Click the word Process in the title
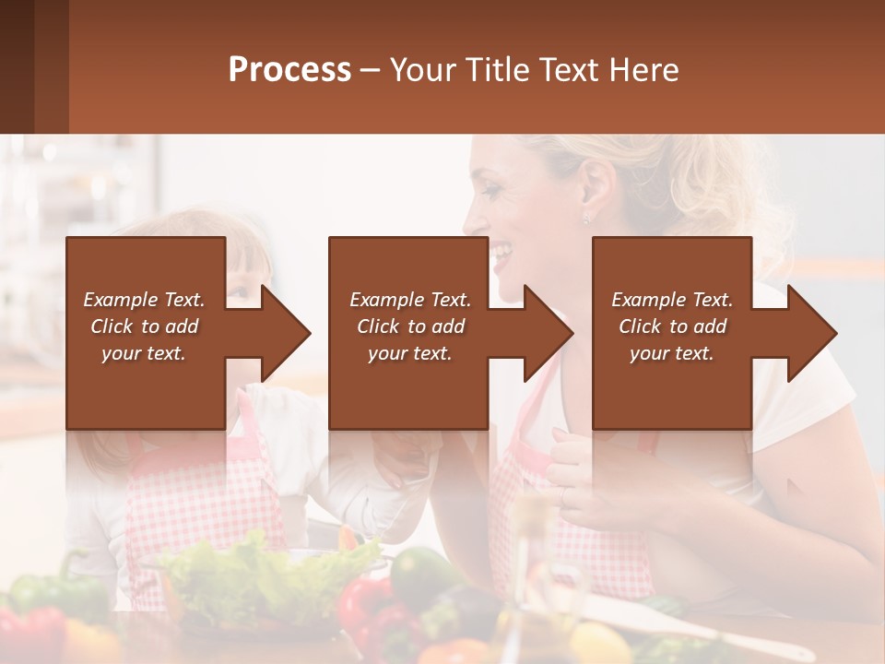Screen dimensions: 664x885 pos(289,70)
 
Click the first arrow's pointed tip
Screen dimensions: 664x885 pos(309,334)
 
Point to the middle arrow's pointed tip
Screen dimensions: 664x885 pos(572,334)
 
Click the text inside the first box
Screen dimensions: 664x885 pos(144,326)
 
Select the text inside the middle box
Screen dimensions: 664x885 pos(410,326)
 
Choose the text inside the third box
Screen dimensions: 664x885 pos(672,326)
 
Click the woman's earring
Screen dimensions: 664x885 pos(585,219)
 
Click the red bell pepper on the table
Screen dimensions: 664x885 pos(364,609)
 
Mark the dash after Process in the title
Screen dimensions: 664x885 pos(370,70)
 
